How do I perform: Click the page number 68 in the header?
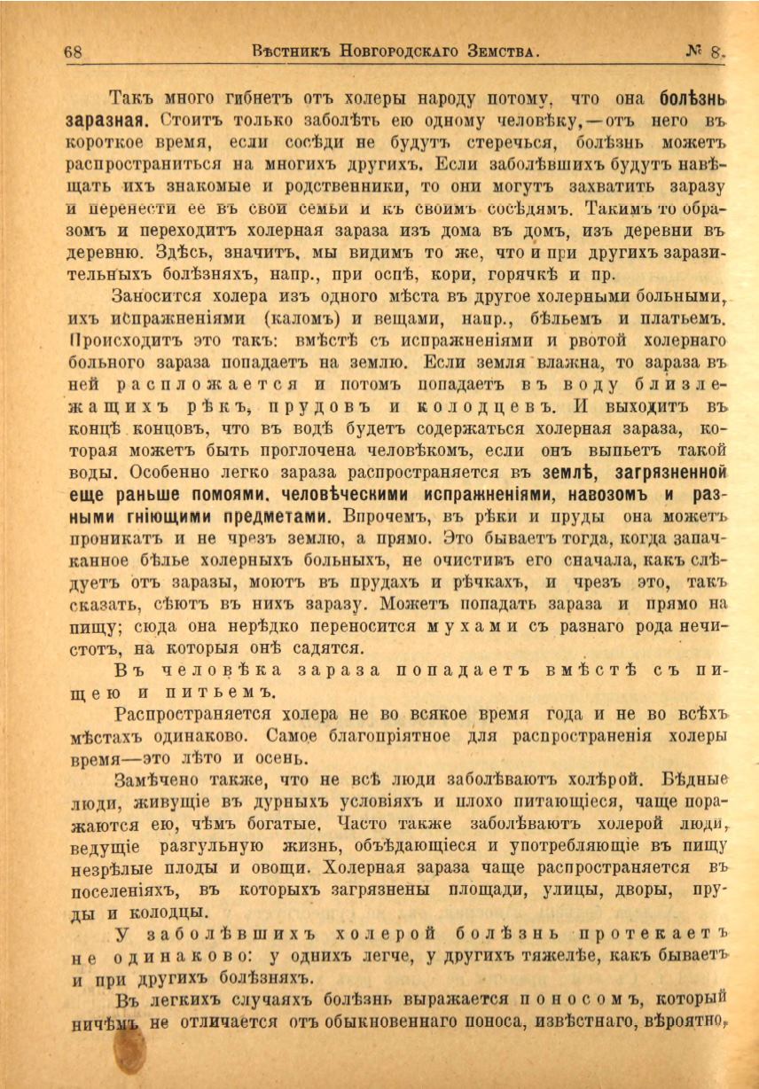pos(74,51)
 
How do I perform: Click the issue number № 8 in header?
pos(706,51)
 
